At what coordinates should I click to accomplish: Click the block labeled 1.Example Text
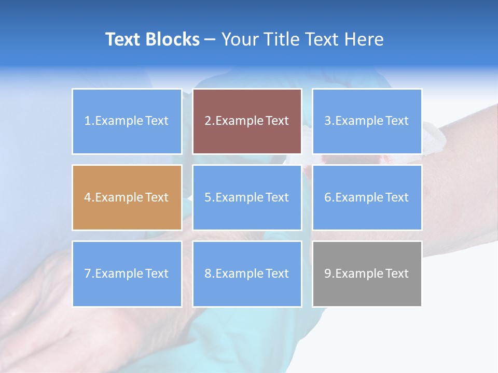127,121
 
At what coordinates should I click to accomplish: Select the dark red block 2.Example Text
247,121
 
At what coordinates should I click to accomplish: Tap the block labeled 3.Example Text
367,121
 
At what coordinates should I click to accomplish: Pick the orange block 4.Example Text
127,197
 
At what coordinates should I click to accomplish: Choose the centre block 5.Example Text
247,197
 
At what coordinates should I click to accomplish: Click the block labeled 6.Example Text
367,197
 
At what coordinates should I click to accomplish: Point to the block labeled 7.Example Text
127,274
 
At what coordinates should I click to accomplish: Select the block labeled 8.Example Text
247,274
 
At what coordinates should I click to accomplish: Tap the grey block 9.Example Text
367,274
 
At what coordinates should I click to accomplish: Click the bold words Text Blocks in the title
153,39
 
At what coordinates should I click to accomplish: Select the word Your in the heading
239,39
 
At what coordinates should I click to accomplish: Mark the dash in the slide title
210,40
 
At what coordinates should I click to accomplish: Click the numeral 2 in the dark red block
208,121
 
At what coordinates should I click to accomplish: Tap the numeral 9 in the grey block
328,274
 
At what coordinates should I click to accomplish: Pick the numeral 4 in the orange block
88,197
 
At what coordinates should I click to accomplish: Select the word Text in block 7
157,274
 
